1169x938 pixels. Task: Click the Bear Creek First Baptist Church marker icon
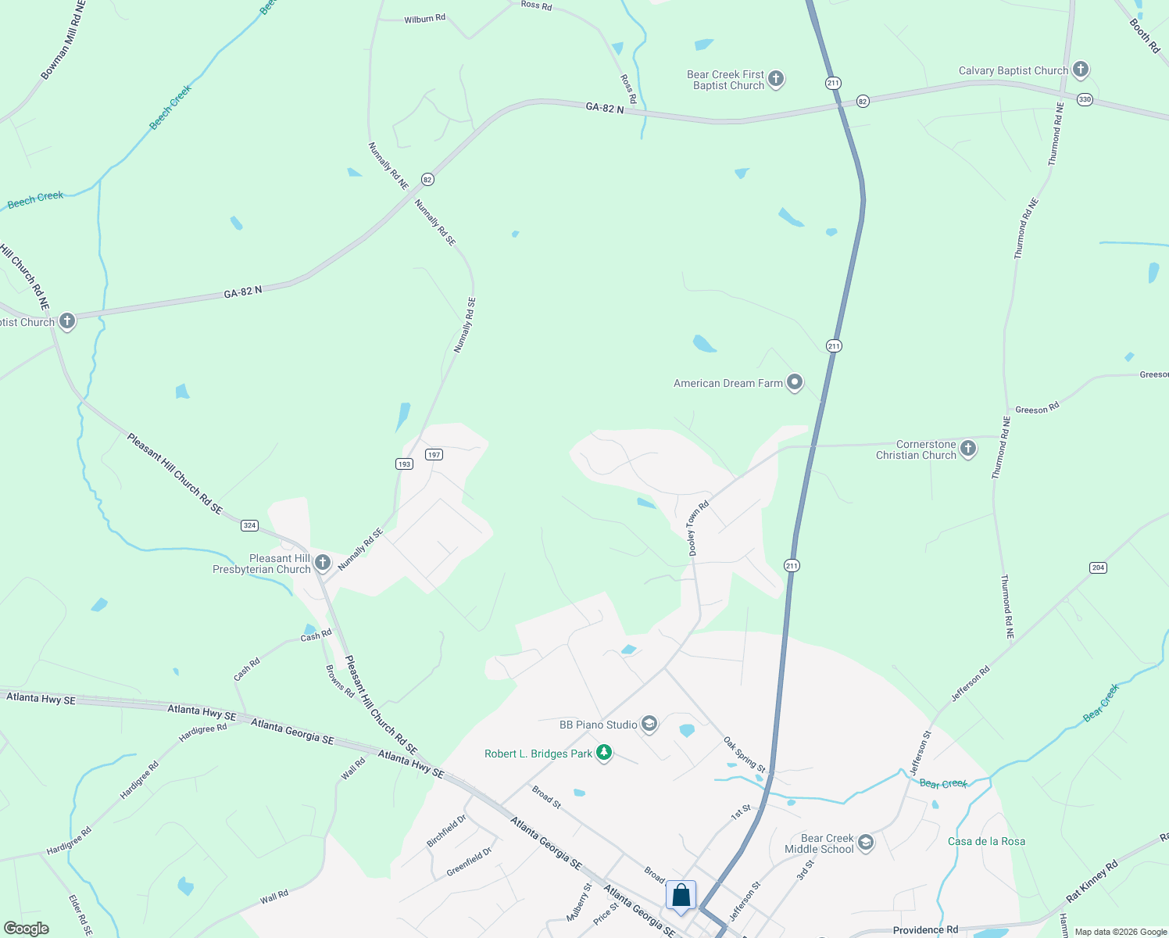[x=775, y=78]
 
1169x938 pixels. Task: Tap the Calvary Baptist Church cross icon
[x=1080, y=70]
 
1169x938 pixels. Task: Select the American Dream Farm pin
[x=795, y=382]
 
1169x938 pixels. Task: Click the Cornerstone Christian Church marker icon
[x=968, y=448]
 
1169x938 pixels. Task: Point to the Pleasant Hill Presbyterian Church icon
[x=322, y=562]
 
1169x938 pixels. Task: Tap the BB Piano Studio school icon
[x=649, y=724]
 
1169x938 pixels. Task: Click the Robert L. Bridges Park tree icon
[x=603, y=753]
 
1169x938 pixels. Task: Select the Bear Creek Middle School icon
[x=865, y=842]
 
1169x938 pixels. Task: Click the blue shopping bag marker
[x=681, y=895]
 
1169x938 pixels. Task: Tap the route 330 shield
[x=1084, y=99]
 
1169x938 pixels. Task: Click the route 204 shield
[x=1098, y=567]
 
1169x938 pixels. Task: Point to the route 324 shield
[x=249, y=525]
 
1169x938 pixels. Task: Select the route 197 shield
[x=434, y=454]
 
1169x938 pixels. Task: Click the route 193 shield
[x=403, y=464]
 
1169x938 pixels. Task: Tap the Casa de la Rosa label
[x=986, y=841]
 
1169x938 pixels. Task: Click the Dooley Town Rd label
[x=697, y=528]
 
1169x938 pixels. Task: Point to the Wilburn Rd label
[x=424, y=19]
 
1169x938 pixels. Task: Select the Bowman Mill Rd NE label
[x=63, y=41]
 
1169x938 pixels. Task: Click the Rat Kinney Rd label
[x=1092, y=881]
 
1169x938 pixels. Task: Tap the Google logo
[x=27, y=928]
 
